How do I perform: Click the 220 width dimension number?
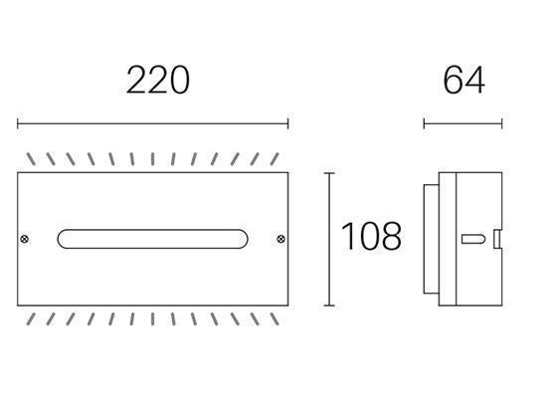157,80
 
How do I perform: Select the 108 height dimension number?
371,237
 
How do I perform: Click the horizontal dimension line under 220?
152,124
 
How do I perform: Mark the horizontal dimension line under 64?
463,124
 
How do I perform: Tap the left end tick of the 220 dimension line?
18,124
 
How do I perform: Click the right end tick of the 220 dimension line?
287,124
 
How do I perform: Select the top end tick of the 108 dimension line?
330,173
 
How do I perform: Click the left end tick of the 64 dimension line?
424,124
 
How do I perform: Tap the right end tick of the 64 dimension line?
501,124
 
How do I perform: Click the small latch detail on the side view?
494,239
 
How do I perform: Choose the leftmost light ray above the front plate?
31,159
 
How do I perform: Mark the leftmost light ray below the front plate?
31,317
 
